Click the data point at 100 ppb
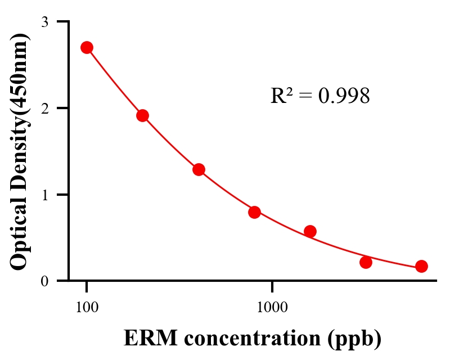point(87,47)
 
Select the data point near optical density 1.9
point(142,115)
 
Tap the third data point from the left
point(199,169)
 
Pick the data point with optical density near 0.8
point(254,212)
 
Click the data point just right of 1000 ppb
point(310,231)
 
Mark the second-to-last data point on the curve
point(366,262)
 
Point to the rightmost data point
point(421,266)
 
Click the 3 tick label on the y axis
point(45,22)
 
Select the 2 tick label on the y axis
point(45,108)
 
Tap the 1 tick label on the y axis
point(45,195)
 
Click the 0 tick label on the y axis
point(45,281)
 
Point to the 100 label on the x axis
point(87,307)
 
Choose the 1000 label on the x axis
point(272,307)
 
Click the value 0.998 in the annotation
point(344,96)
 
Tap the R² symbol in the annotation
point(281,96)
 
